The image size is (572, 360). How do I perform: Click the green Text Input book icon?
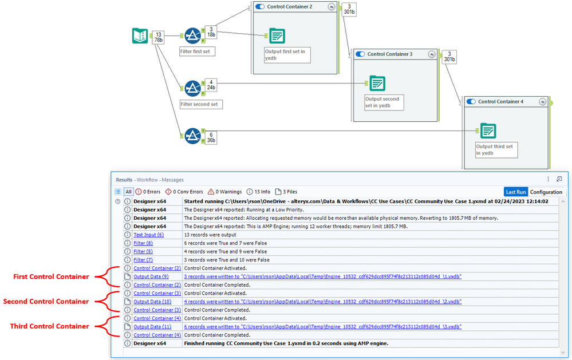pyautogui.click(x=140, y=36)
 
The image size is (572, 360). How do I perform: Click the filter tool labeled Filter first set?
pyautogui.click(x=192, y=35)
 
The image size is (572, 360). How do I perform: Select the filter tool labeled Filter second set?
pyautogui.click(x=192, y=88)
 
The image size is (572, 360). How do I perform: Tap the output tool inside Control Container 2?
pyautogui.click(x=277, y=36)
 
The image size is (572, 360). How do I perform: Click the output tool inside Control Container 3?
pyautogui.click(x=377, y=83)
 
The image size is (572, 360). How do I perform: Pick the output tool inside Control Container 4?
pyautogui.click(x=488, y=131)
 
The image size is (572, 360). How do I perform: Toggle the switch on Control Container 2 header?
pyautogui.click(x=259, y=6)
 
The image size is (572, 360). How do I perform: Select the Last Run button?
pyautogui.click(x=515, y=192)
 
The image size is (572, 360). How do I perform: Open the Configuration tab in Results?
pyautogui.click(x=546, y=192)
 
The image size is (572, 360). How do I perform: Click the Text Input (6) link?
pyautogui.click(x=148, y=235)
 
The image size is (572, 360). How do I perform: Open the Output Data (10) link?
pyautogui.click(x=152, y=302)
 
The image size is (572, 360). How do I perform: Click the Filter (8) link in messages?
pyautogui.click(x=143, y=243)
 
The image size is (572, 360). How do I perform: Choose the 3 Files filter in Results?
pyautogui.click(x=286, y=192)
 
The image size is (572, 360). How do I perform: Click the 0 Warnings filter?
pyautogui.click(x=224, y=192)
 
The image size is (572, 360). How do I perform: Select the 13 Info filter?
pyautogui.click(x=258, y=192)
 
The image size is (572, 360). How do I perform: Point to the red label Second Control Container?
pyautogui.click(x=46, y=302)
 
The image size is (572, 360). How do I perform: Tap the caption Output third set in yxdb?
pyautogui.click(x=494, y=150)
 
